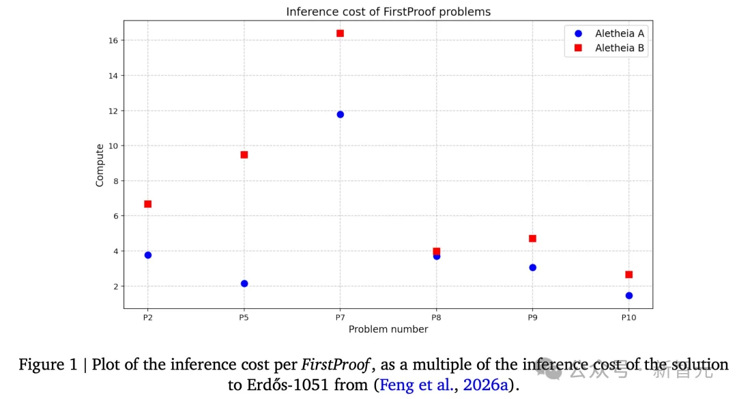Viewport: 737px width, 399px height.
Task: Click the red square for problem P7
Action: pos(340,33)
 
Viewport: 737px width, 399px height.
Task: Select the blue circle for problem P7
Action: pos(340,114)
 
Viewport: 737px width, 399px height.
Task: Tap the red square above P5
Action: pos(244,154)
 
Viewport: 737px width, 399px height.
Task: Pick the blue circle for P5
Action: pos(244,284)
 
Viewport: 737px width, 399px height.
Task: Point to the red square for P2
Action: pos(147,204)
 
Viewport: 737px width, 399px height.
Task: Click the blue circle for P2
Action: pos(147,255)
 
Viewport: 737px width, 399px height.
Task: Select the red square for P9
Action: pos(532,238)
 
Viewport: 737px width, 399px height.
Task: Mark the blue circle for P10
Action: pos(628,296)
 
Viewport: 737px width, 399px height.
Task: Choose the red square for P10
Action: pos(628,275)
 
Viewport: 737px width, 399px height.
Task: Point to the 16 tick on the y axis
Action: pos(114,41)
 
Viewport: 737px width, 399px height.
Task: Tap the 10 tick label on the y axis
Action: pos(114,146)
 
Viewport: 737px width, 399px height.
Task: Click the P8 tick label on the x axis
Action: pos(436,317)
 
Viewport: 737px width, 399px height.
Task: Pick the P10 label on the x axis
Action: pos(628,317)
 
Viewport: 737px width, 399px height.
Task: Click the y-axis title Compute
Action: pos(100,165)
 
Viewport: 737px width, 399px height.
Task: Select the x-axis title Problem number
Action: pos(388,329)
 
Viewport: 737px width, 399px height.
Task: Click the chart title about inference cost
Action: pos(388,12)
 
